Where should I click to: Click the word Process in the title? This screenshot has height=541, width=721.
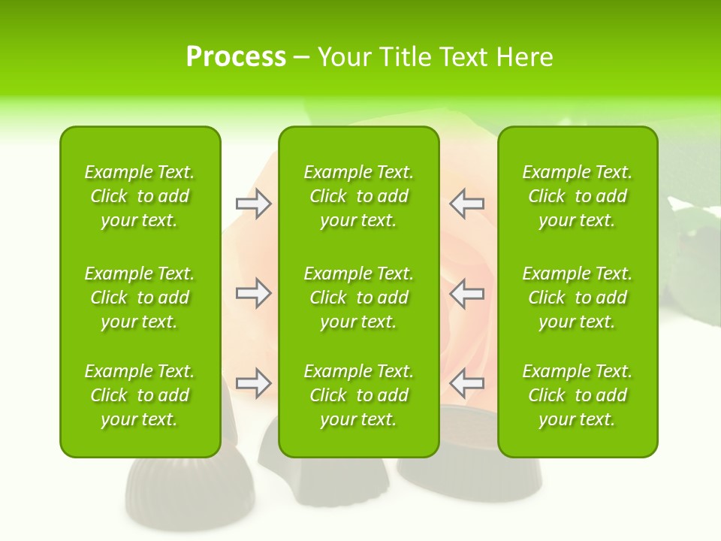(236, 57)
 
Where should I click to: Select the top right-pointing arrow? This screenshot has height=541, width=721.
(253, 204)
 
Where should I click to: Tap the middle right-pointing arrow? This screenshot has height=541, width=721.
(253, 293)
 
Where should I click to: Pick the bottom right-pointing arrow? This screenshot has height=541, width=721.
(253, 383)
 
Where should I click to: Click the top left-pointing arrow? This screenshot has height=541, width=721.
(466, 204)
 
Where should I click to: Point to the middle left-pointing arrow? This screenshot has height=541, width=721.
(466, 293)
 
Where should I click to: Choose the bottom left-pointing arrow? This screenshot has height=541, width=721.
(466, 383)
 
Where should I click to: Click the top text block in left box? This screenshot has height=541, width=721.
(140, 196)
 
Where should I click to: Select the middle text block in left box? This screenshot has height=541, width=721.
(140, 298)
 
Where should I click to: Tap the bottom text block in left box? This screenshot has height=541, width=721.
(140, 395)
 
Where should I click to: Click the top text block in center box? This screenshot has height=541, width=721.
(359, 196)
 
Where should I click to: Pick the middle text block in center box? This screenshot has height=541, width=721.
(359, 298)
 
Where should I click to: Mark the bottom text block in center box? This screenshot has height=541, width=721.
(359, 395)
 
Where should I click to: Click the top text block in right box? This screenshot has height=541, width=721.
(578, 196)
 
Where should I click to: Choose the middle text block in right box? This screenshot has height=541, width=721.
(578, 298)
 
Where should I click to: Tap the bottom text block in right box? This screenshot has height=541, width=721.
(578, 395)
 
